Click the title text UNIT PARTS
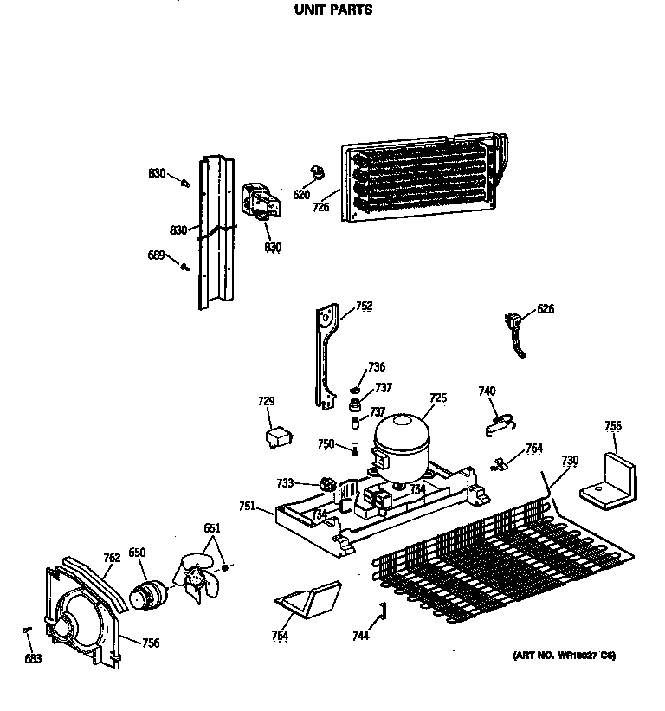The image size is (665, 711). [x=333, y=10]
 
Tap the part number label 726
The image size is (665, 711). [x=321, y=208]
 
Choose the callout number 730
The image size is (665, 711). [x=569, y=460]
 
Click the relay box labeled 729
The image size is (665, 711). [x=278, y=436]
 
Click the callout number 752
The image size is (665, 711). [x=365, y=306]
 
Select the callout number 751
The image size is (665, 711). [x=247, y=507]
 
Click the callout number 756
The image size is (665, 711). [x=151, y=643]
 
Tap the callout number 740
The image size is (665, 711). [x=487, y=391]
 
